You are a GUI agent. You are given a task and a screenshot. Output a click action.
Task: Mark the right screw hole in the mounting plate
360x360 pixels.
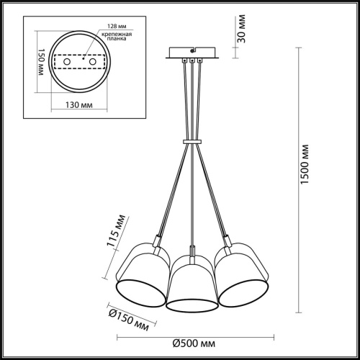(92, 63)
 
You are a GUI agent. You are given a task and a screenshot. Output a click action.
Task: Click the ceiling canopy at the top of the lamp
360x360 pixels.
(191, 53)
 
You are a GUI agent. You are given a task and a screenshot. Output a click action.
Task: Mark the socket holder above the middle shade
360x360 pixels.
(191, 253)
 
